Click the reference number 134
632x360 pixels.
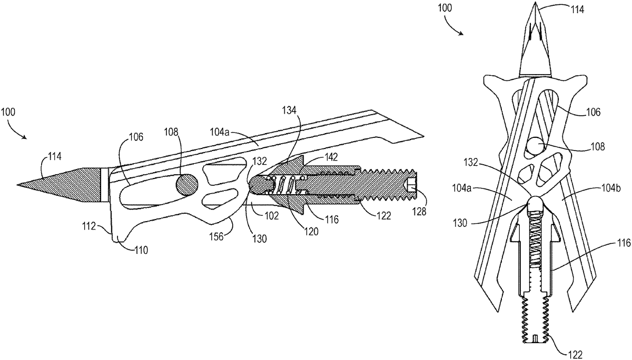point(290,111)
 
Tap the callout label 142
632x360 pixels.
point(330,157)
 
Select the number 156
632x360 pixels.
point(216,236)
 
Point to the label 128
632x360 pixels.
point(419,212)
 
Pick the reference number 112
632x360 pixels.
point(89,226)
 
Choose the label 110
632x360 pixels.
point(141,250)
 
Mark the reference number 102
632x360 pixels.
point(271,216)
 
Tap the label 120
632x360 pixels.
point(311,232)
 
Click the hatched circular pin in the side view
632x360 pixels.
point(187,185)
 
